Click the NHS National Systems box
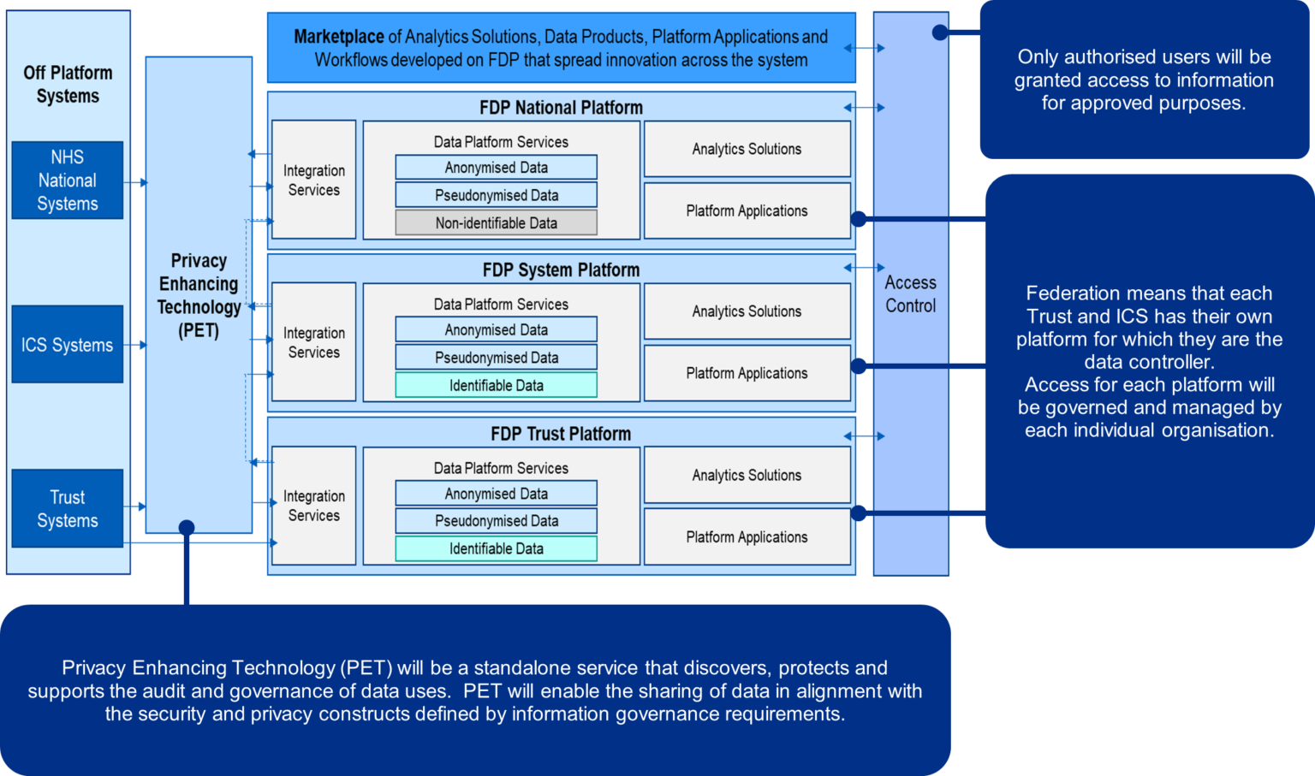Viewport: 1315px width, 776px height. coord(67,181)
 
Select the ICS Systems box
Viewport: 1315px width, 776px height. coord(67,345)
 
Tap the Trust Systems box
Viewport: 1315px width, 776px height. coord(67,509)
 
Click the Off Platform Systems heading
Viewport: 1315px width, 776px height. coord(68,85)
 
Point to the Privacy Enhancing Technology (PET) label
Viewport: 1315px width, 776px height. coord(199,295)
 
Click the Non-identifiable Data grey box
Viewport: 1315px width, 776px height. coord(496,223)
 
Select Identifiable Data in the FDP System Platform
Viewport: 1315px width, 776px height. coord(496,386)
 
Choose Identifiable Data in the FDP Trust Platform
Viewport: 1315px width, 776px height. coord(496,549)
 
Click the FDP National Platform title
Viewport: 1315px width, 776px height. coord(561,108)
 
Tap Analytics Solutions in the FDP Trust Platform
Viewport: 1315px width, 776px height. coord(747,476)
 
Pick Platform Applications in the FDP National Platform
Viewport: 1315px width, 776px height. coord(747,211)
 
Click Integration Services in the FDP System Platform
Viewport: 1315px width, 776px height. coord(313,342)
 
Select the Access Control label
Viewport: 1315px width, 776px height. coord(910,294)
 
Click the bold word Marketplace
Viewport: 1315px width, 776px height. coord(338,37)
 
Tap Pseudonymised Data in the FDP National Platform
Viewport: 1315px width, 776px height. coord(496,195)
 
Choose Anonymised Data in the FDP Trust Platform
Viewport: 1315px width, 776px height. coord(496,494)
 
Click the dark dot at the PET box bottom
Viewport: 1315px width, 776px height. coord(187,527)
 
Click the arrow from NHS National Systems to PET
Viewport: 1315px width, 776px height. coord(135,182)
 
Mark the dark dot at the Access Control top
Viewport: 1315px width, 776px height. coord(939,33)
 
